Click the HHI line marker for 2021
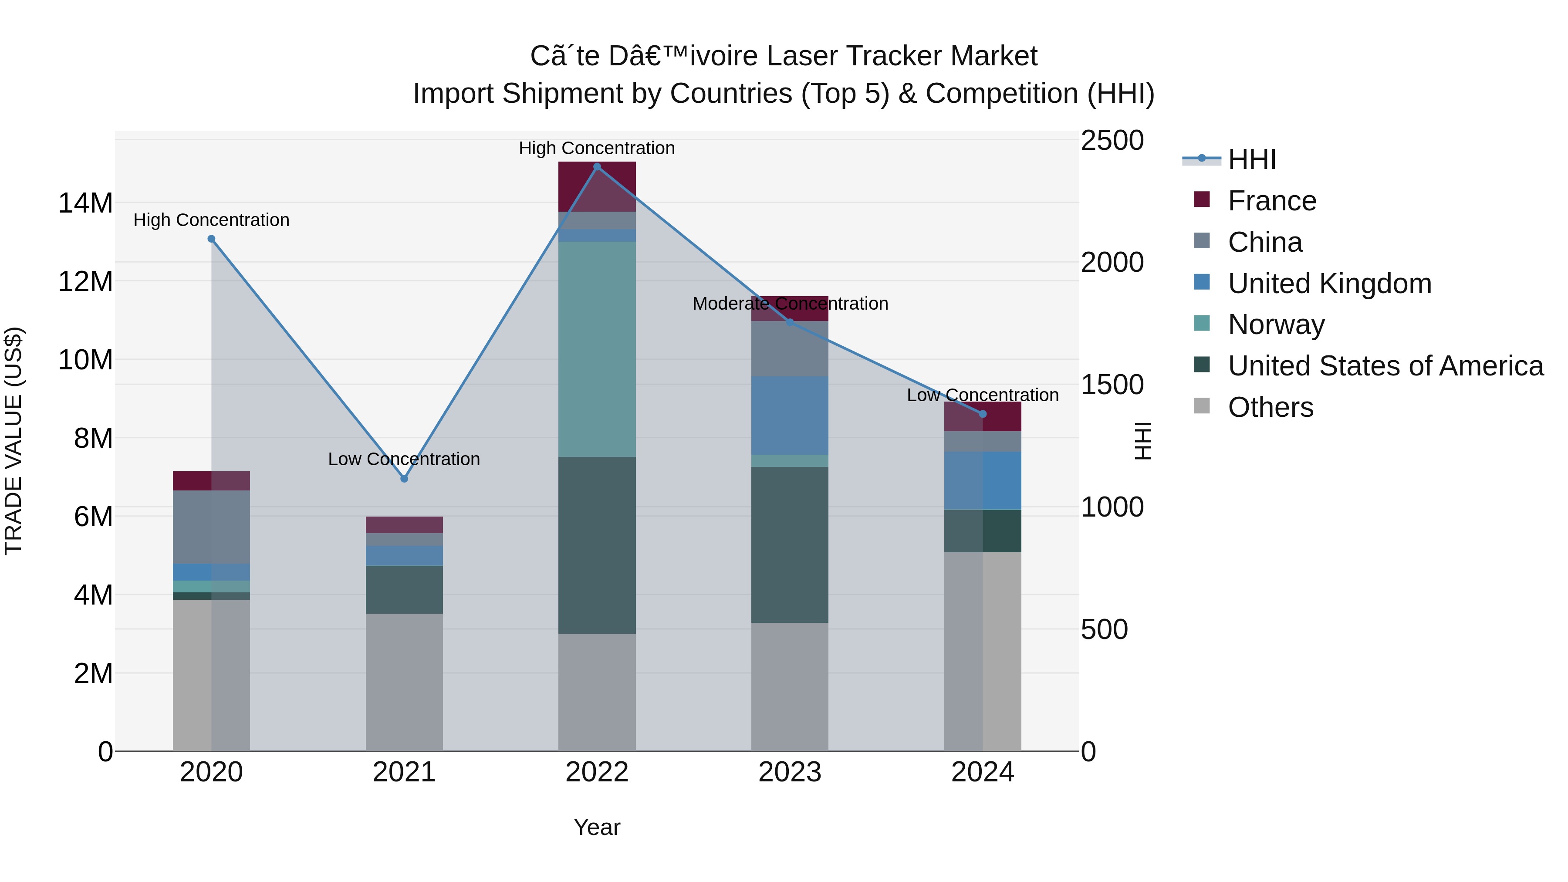[x=404, y=478]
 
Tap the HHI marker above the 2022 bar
[x=597, y=166]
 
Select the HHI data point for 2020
[x=211, y=239]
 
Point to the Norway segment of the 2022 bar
[x=597, y=349]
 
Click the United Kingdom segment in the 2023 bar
[x=790, y=416]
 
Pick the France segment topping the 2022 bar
[x=597, y=186]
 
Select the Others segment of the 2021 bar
[x=404, y=682]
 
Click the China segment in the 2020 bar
[x=211, y=527]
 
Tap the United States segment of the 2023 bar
[x=790, y=545]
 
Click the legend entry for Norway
[x=1276, y=324]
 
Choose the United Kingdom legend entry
[x=1329, y=284]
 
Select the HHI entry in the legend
[x=1251, y=159]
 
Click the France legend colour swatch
[x=1202, y=199]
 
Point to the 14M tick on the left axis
[x=85, y=203]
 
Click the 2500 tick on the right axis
[x=1112, y=141]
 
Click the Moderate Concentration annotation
[x=790, y=303]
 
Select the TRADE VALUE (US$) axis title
[x=14, y=441]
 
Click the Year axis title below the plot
[x=597, y=827]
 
